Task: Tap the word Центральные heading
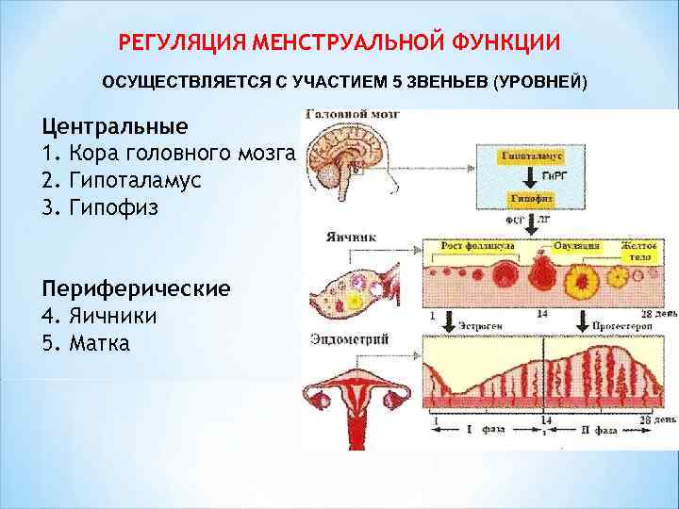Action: [114, 125]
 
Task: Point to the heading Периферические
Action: [136, 288]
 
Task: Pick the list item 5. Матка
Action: [86, 342]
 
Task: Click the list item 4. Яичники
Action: [99, 316]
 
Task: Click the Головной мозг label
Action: [351, 114]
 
